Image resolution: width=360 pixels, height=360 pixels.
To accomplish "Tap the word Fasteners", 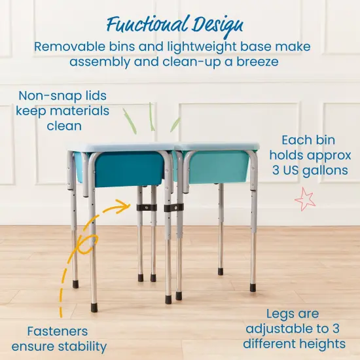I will click(x=58, y=331).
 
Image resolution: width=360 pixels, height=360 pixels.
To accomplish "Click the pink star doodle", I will click(x=304, y=199).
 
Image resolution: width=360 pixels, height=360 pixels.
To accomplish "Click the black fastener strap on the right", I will click(x=173, y=207).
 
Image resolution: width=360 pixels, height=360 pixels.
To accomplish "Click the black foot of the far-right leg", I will click(x=253, y=287).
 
